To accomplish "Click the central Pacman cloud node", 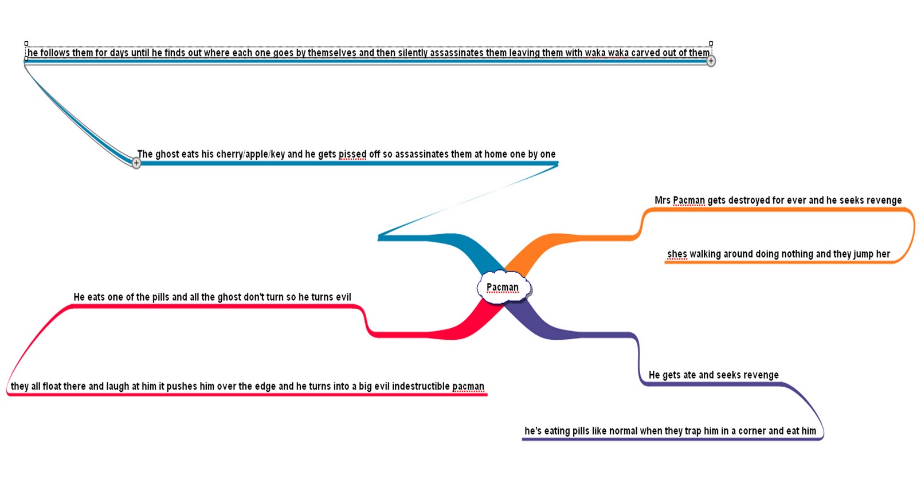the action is point(503,287).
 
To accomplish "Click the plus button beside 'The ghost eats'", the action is point(136,163).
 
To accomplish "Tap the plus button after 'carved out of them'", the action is point(711,61).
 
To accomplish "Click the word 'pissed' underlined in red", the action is point(352,154).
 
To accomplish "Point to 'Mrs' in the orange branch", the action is point(662,201).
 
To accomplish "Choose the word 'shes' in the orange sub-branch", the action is point(676,254).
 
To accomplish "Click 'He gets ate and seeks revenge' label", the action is point(714,375).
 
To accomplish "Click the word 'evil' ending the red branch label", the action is point(343,297).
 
